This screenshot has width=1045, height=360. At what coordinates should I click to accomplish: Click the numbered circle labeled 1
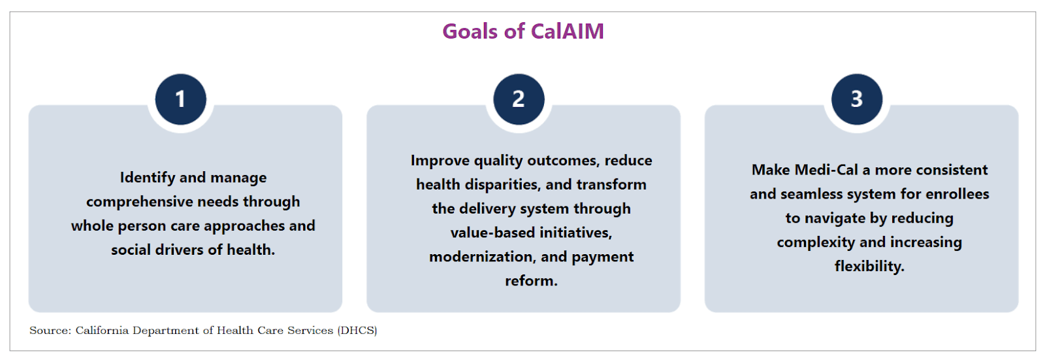181,99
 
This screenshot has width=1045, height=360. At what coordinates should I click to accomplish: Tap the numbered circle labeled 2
519,99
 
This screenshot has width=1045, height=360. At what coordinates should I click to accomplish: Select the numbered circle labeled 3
857,99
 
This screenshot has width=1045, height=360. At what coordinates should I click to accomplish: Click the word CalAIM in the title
567,31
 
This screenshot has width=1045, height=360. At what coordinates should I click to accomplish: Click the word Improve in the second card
440,161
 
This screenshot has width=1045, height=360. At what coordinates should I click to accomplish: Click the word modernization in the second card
483,257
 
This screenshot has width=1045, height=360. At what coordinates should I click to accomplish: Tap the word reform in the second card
530,281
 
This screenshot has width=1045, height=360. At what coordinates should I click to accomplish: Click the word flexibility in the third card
869,267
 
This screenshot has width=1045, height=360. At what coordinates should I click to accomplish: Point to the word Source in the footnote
50,331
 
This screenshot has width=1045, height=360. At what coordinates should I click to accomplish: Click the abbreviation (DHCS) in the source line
357,331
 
